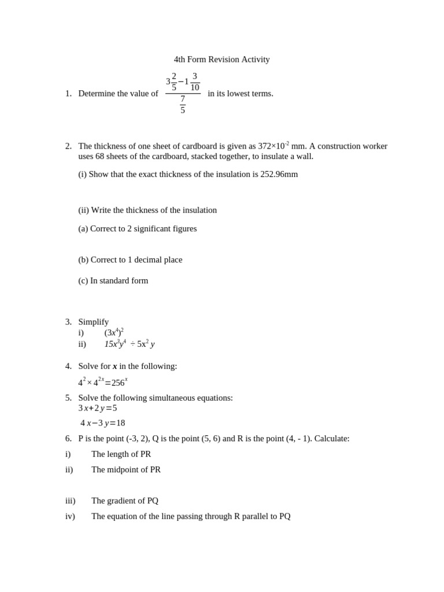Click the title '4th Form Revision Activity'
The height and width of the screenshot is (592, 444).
[x=221, y=60]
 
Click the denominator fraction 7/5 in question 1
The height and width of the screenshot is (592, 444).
[x=183, y=105]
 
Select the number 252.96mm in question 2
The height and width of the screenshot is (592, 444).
[x=279, y=174]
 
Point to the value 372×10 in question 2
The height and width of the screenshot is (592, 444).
[x=271, y=146]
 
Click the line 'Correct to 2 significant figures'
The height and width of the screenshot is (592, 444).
[x=143, y=228]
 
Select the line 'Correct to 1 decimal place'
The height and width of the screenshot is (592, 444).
[x=136, y=260]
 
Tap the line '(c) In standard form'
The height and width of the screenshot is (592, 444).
[x=113, y=280]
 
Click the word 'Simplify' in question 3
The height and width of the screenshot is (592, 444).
[x=94, y=322]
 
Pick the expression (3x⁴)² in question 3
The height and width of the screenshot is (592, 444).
[x=114, y=332]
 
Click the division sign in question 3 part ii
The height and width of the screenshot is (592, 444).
[x=132, y=344]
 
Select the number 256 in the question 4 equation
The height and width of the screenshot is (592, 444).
[x=118, y=383]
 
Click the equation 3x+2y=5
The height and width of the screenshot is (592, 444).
[x=98, y=408]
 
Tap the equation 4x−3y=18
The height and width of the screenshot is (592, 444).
[x=103, y=423]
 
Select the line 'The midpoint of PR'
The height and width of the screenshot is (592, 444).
[x=126, y=469]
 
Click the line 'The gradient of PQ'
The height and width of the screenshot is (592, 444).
[x=125, y=501]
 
